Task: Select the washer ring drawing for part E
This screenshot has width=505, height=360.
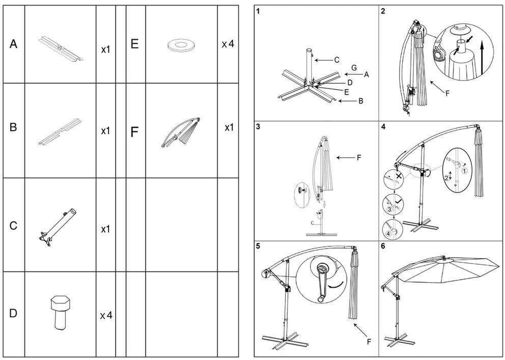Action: (x=179, y=45)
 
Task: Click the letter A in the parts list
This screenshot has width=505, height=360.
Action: (x=14, y=45)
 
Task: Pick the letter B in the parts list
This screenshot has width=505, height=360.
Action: (x=14, y=127)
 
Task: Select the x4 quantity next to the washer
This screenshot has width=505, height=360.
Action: (x=228, y=44)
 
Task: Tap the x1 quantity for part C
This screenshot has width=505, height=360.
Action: (x=105, y=229)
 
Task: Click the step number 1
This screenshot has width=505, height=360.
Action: (x=259, y=11)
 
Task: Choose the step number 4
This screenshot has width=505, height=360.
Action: (x=383, y=127)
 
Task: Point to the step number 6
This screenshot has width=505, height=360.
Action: (x=383, y=246)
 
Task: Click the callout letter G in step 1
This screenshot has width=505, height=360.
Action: (x=354, y=67)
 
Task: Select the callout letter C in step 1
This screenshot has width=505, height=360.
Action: (x=336, y=60)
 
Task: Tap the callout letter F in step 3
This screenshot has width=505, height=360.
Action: (x=358, y=158)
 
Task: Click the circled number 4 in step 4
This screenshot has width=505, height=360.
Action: (x=389, y=234)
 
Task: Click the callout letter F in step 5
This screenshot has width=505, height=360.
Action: (x=369, y=342)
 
